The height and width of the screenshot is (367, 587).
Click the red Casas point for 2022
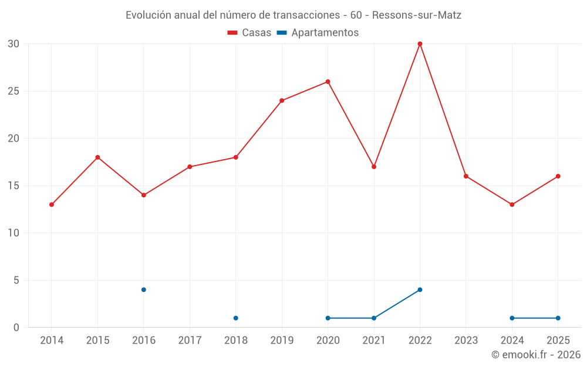tap(420, 44)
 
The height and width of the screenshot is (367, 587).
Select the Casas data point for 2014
tap(52, 204)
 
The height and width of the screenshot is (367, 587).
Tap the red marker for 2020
tap(328, 82)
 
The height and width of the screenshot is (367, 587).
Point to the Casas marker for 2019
tap(282, 100)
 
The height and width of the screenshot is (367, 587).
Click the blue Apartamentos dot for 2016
tap(144, 289)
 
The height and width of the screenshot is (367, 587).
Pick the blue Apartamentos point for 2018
tap(236, 318)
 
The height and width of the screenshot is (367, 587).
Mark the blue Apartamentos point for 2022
tap(420, 289)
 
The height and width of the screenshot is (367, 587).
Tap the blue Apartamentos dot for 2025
tap(558, 318)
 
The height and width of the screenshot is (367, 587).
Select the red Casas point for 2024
tap(512, 204)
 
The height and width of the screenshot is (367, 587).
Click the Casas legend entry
tap(249, 32)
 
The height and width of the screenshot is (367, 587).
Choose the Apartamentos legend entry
tap(318, 32)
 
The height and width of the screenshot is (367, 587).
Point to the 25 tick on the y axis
tap(14, 91)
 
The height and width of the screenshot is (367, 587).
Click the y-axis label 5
tap(16, 280)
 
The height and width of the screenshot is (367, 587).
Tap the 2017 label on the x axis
tap(190, 340)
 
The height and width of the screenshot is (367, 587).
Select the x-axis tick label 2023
tap(466, 340)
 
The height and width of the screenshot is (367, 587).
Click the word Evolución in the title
tap(149, 15)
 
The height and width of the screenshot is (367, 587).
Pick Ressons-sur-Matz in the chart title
tap(417, 15)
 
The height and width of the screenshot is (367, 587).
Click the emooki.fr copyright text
tap(536, 354)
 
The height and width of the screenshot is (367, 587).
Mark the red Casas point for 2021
tap(374, 167)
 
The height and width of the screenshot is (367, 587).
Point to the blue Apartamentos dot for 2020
tap(328, 318)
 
